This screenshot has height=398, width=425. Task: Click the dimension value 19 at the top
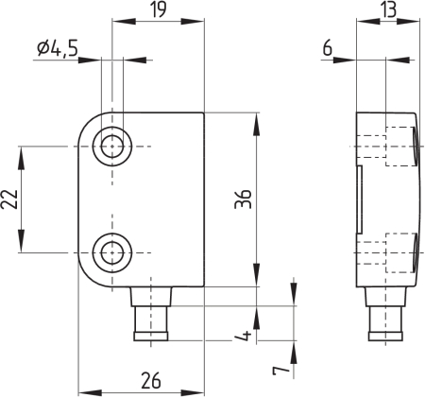coord(158,9)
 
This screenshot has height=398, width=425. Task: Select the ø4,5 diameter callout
coord(57,49)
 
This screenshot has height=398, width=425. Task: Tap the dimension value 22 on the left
coord(9,199)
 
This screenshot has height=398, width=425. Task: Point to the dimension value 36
coord(243,199)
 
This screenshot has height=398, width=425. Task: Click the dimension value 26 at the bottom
coord(151,380)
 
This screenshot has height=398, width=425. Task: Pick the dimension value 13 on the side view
coord(389,9)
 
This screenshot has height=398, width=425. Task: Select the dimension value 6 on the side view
coord(328,49)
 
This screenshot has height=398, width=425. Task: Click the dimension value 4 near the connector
coord(243,335)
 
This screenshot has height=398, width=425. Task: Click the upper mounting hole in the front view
coord(112,147)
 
